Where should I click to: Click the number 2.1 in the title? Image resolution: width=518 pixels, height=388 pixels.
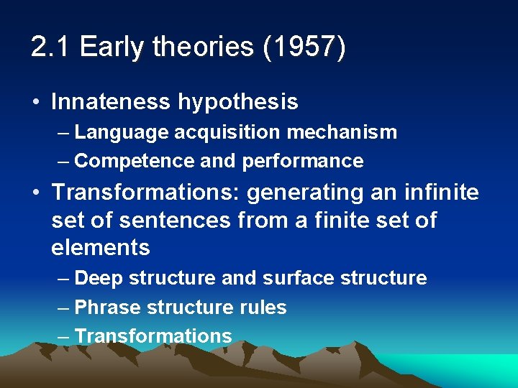click(x=51, y=47)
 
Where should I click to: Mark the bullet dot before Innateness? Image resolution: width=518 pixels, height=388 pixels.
click(x=37, y=103)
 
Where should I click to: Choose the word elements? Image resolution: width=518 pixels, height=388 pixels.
click(x=101, y=248)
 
